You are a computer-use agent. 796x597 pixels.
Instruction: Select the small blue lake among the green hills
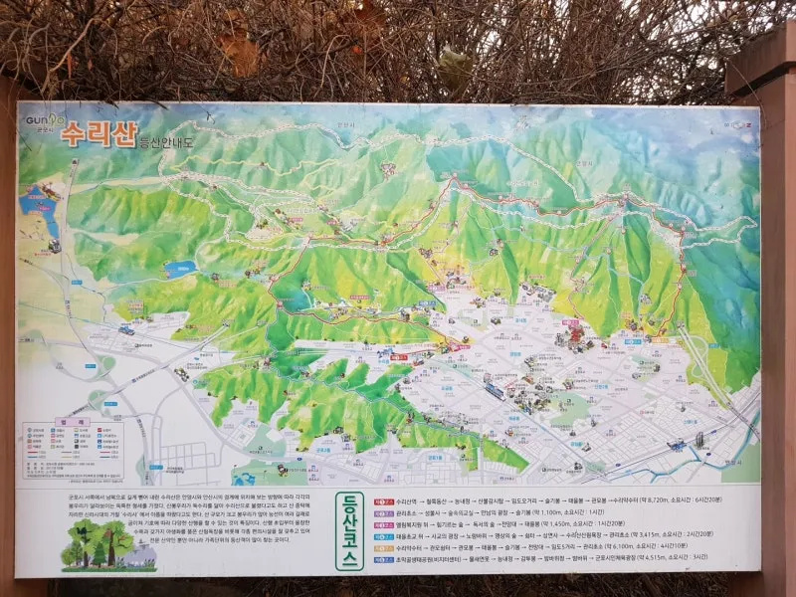pos(182,269)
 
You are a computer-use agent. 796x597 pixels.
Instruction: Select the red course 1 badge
pos(382,501)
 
